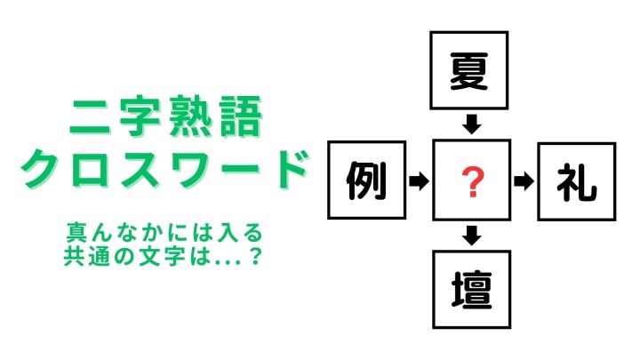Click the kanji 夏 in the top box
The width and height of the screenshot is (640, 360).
tap(468, 71)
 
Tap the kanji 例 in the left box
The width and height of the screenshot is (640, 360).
tap(366, 180)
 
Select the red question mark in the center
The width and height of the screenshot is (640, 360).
tap(472, 183)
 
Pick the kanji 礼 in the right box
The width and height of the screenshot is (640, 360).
tap(576, 182)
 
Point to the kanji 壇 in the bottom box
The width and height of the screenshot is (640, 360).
tap(471, 290)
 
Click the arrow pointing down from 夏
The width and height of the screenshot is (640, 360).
tap(472, 124)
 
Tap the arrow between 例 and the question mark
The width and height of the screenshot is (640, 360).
tap(419, 180)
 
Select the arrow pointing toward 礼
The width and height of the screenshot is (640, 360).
tap(524, 181)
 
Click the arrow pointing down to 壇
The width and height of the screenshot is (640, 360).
tap(472, 236)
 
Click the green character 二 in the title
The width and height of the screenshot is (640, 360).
tap(90, 117)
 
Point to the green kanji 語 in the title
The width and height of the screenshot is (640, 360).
tap(240, 116)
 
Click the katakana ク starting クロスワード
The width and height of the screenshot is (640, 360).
tap(40, 168)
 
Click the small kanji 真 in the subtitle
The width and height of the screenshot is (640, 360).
tap(76, 232)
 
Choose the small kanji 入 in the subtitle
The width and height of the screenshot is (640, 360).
tap(228, 232)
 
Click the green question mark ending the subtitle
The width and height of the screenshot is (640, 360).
tap(255, 256)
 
